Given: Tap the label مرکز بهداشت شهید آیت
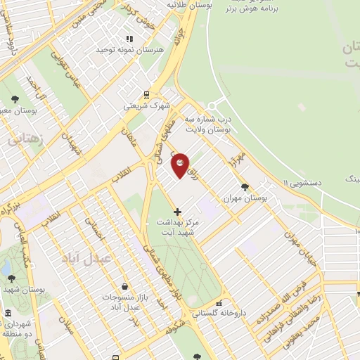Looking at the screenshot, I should (x=177, y=227).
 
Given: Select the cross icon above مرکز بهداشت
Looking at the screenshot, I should (x=177, y=211).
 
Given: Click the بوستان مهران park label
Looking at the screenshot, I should (x=246, y=200).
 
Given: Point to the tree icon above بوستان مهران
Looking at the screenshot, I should (x=244, y=187).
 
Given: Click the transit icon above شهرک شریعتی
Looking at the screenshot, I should (x=146, y=94).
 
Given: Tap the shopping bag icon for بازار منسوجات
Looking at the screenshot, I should (x=124, y=286).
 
